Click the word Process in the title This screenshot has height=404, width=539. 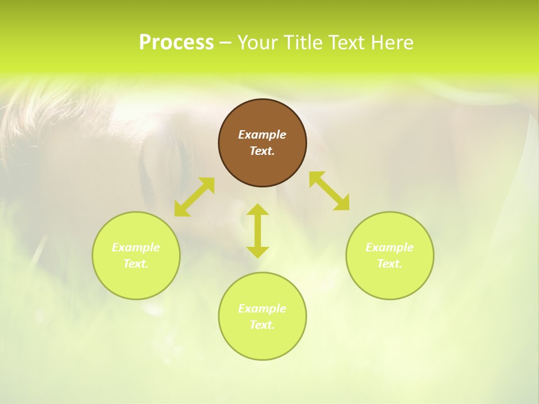tap(176, 43)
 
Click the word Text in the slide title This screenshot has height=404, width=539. tap(348, 43)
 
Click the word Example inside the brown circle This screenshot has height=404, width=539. tap(262, 135)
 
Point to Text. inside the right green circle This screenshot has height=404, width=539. tap(390, 264)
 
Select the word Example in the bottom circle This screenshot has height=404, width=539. tap(262, 309)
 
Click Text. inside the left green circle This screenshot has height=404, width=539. tap(136, 264)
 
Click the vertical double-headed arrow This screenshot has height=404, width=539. tap(258, 231)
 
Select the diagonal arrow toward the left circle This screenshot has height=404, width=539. tap(194, 197)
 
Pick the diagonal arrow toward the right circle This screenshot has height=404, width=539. tap(330, 191)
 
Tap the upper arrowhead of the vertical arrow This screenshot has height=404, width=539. tap(258, 210)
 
